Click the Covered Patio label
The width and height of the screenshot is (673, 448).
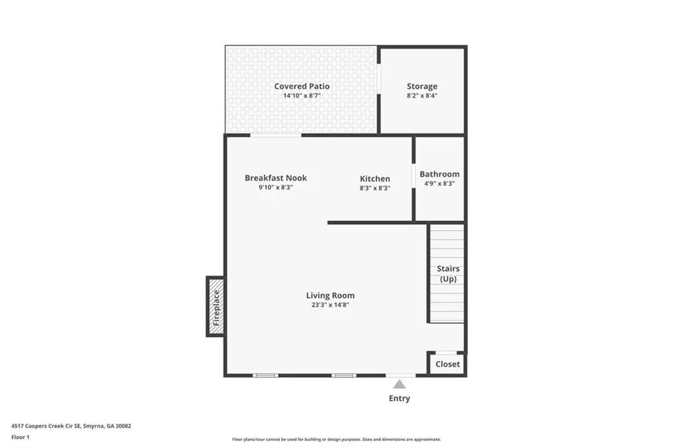click(x=302, y=86)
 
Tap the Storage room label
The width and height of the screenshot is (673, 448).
click(x=422, y=86)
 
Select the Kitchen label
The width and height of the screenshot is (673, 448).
click(x=375, y=179)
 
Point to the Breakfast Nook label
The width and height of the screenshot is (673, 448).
click(x=275, y=177)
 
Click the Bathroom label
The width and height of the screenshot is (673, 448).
click(x=440, y=174)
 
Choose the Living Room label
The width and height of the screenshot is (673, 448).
click(x=330, y=295)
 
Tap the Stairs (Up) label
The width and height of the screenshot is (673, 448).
click(x=448, y=274)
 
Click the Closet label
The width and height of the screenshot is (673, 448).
click(x=448, y=364)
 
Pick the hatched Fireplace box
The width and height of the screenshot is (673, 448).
click(x=216, y=306)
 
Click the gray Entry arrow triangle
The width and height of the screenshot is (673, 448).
click(x=400, y=384)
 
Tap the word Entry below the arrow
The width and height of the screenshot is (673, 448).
click(x=400, y=398)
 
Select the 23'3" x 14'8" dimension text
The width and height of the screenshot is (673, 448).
click(x=330, y=305)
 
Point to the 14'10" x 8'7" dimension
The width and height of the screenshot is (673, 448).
click(x=302, y=96)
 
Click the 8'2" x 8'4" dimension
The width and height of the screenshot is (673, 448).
click(x=422, y=96)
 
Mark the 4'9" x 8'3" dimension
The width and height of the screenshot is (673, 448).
click(x=440, y=183)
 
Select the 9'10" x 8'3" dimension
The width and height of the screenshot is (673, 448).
click(x=275, y=187)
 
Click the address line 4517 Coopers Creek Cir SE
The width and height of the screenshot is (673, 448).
click(x=71, y=426)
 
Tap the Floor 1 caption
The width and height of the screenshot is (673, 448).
click(x=20, y=437)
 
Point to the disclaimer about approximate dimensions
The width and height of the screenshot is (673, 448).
click(x=336, y=439)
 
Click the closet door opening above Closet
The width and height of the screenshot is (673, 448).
click(x=446, y=353)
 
